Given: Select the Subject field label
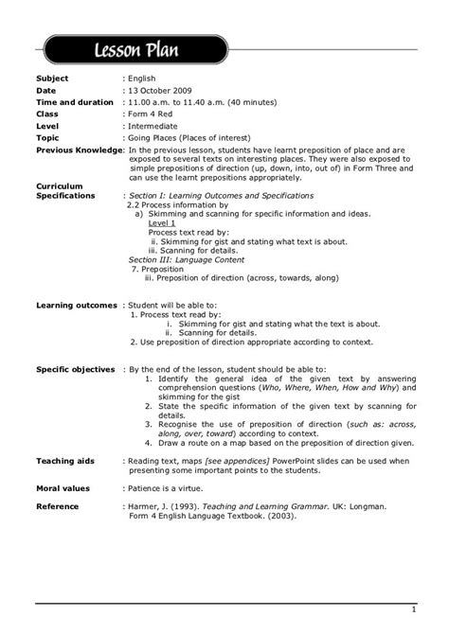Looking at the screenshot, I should pos(53,79).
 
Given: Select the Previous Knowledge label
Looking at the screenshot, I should pos(78,150).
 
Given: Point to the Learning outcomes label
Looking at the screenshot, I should pos(77,306).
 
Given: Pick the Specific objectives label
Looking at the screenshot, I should pos(75,369).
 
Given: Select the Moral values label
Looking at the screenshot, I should pos(63,488).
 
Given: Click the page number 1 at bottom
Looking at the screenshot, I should pos(413,609).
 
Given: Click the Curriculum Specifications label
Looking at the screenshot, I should pos(64,191).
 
